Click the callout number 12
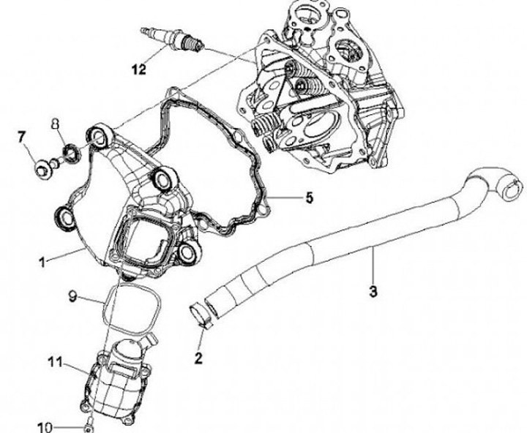pos(138,70)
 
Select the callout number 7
pos(21,136)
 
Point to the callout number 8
pos(56,124)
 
